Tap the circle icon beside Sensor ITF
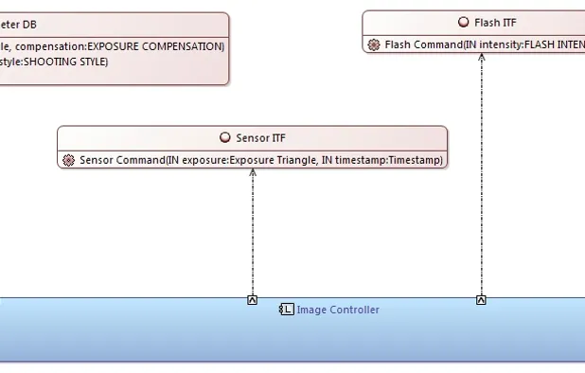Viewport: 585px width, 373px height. [224, 137]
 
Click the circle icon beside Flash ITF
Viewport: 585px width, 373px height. [463, 23]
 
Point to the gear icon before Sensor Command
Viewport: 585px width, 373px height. [68, 160]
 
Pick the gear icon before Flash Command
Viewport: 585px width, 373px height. [374, 44]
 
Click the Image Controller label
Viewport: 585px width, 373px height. [338, 310]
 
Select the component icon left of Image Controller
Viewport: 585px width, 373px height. [286, 310]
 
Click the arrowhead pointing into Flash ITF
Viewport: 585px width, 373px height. [481, 58]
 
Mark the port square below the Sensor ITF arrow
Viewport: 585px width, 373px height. [253, 300]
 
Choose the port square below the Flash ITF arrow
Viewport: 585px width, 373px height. [481, 300]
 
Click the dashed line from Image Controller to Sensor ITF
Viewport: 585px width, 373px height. [253, 237]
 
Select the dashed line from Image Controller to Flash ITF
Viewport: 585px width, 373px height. [481, 180]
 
